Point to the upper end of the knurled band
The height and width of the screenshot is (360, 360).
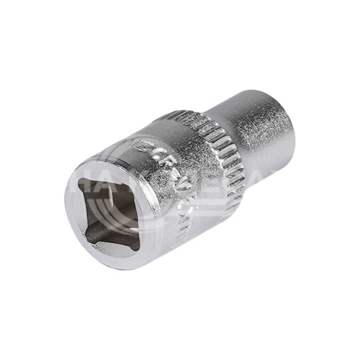pos(183,116)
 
